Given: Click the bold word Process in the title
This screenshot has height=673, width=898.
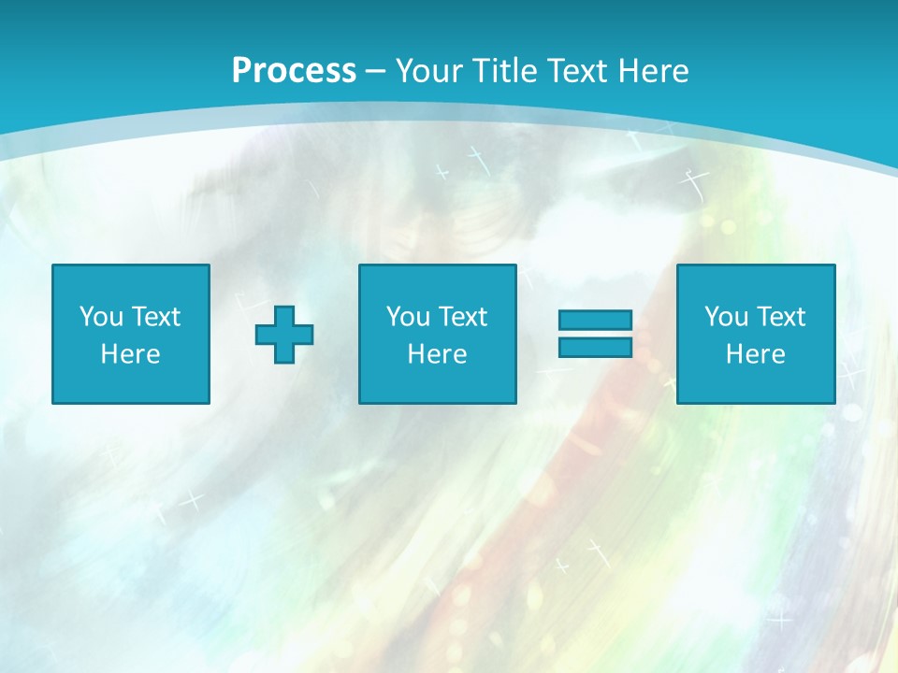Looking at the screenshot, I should coord(294,71).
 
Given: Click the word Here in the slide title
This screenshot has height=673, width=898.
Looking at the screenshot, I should coord(655,71).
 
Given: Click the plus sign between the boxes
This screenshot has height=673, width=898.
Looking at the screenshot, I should coord(284,335).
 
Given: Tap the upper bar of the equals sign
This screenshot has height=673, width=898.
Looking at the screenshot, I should coord(595,321).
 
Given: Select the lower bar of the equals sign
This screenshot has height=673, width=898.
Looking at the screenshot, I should coord(595,348).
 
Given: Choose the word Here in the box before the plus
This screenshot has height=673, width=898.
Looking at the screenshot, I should coord(130,354).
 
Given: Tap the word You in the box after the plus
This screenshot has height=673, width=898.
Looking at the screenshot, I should coord(408,317).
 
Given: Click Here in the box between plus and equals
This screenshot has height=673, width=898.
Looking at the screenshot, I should coord(437,354).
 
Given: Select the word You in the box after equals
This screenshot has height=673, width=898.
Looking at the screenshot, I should coord(726,317).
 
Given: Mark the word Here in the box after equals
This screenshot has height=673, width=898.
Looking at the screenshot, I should coord(755,354).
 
